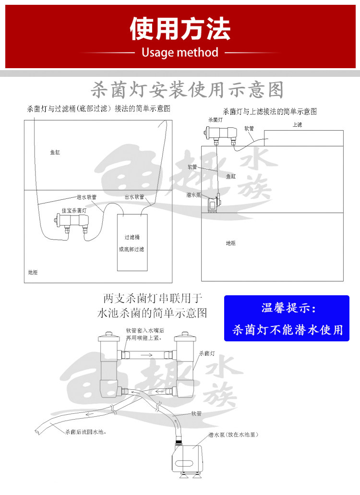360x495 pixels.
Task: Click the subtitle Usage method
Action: pyautogui.click(x=180, y=52)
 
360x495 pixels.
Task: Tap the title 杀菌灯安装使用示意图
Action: pyautogui.click(x=187, y=90)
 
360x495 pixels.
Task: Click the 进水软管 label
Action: pyautogui.click(x=87, y=197)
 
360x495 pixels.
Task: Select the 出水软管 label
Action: pyautogui.click(x=134, y=197)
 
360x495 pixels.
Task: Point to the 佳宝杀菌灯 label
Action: pyautogui.click(x=73, y=210)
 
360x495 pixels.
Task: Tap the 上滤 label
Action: pyautogui.click(x=297, y=125)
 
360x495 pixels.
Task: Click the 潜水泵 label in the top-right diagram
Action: pyautogui.click(x=193, y=195)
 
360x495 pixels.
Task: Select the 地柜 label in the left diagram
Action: pyautogui.click(x=33, y=272)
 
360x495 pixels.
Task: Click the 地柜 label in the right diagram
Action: pyautogui.click(x=231, y=243)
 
